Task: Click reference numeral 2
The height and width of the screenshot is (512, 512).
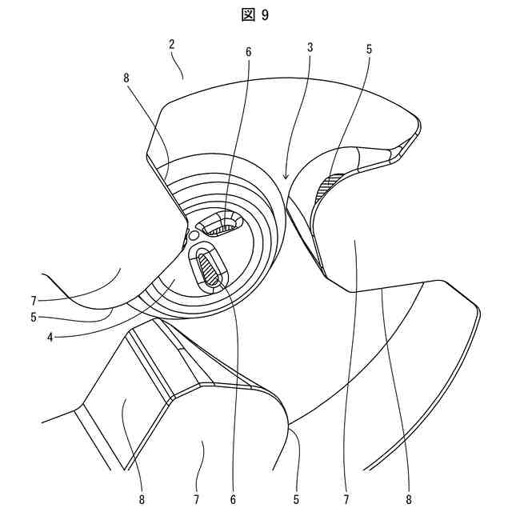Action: click(172, 46)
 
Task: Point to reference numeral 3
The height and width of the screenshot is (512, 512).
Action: click(310, 48)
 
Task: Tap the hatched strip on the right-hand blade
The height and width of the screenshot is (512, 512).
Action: click(329, 186)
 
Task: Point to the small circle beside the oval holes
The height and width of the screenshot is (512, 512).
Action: click(193, 234)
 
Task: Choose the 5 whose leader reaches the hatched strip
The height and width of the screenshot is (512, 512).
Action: click(369, 49)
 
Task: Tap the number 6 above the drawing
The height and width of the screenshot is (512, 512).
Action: click(248, 52)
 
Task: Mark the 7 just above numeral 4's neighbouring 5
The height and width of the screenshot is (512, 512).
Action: click(34, 302)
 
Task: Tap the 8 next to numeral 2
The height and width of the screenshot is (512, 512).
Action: click(126, 79)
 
